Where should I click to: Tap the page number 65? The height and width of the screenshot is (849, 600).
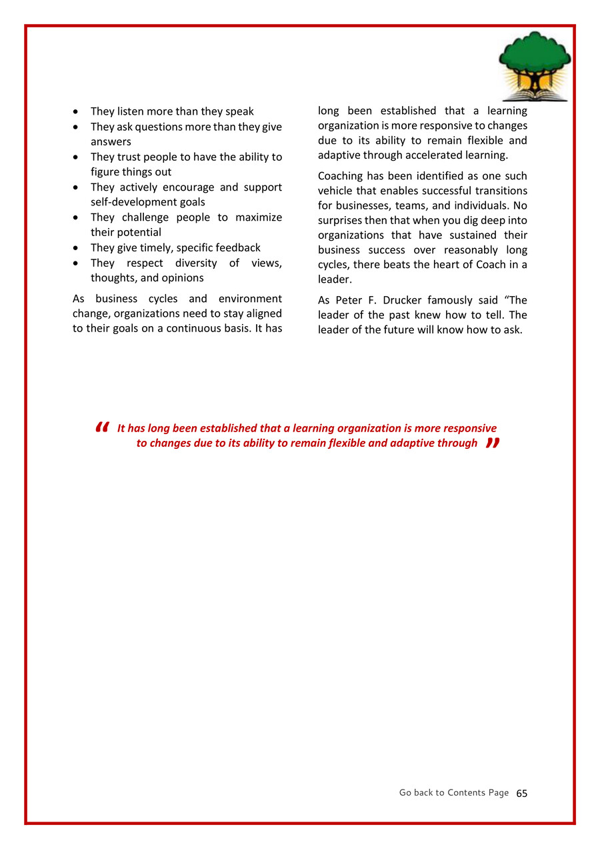pos(521,794)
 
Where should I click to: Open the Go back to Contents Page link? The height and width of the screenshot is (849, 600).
pos(453,793)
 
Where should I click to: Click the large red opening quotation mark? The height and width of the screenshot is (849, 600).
pos(102,428)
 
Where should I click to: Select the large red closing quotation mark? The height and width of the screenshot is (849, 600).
pos(493,444)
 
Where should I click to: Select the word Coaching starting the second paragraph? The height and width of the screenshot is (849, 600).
pos(341,176)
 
